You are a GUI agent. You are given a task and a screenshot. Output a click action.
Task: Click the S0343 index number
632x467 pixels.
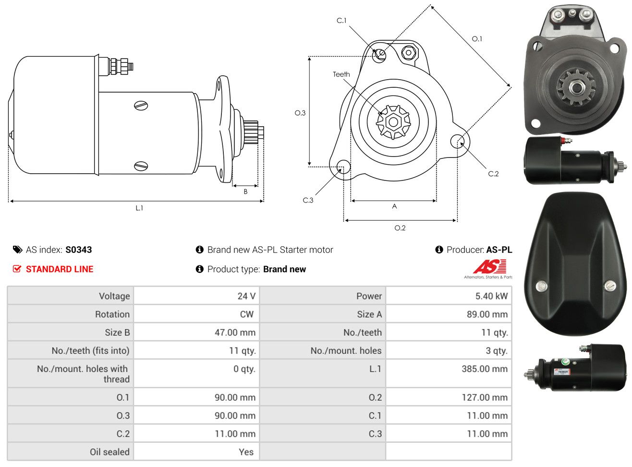(78, 250)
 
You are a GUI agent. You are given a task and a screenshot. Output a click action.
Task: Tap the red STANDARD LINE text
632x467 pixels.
(60, 269)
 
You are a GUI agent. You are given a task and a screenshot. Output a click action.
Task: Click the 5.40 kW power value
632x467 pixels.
(491, 296)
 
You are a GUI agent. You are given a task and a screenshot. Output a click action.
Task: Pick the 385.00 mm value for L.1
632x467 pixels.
(485, 369)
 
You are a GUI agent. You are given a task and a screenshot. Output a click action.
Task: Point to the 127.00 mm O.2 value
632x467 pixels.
(485, 397)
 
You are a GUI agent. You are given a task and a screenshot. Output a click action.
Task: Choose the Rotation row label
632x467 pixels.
(112, 314)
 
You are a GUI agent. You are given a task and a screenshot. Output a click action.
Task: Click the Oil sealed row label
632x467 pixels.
(109, 452)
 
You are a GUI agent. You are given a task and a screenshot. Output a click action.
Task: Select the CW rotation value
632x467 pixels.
(246, 314)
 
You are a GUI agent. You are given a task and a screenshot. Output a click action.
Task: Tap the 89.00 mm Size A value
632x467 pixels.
(487, 314)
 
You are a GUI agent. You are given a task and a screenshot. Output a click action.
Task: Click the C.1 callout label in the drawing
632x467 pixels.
(341, 21)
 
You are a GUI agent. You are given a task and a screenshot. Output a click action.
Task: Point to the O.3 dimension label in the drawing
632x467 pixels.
(300, 113)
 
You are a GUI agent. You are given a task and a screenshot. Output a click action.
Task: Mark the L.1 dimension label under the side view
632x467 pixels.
(139, 208)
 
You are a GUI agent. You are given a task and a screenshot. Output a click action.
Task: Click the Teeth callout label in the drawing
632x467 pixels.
(341, 74)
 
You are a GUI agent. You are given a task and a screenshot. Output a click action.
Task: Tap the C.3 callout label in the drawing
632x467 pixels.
(308, 201)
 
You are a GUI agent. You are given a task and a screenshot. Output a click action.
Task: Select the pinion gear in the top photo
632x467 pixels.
(576, 88)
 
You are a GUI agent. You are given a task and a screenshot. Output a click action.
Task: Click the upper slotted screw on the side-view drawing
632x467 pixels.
(141, 106)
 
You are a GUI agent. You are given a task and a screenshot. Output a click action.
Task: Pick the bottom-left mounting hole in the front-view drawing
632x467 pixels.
(343, 166)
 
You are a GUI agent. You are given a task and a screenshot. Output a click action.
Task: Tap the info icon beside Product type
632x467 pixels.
(199, 269)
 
